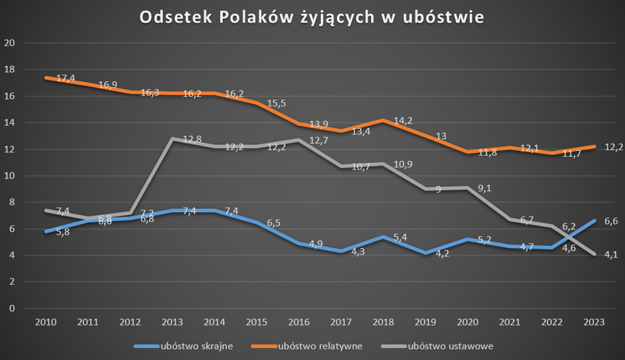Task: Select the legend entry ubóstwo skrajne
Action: (x=196, y=345)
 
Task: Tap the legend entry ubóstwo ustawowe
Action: (x=451, y=345)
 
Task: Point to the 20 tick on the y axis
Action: (x=9, y=44)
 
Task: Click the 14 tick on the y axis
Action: (x=9, y=123)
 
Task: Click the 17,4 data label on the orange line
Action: (x=66, y=78)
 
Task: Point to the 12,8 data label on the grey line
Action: (x=192, y=139)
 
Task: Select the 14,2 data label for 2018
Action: (x=402, y=121)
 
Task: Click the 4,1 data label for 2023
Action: (x=610, y=255)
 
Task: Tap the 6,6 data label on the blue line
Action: (x=610, y=222)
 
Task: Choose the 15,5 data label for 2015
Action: (x=277, y=104)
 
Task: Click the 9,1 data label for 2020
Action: (x=485, y=188)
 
